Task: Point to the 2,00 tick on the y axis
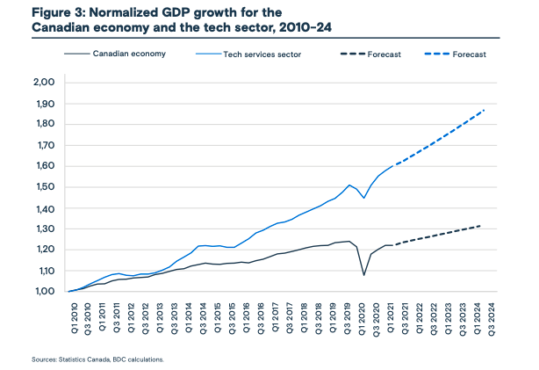click(44, 83)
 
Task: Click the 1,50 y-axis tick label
click(44, 187)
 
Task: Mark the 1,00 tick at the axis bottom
click(44, 292)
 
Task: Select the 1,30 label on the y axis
click(44, 229)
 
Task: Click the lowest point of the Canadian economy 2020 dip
click(364, 275)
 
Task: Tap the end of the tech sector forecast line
click(484, 110)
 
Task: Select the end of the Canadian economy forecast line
click(482, 226)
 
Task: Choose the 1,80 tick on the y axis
click(44, 125)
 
